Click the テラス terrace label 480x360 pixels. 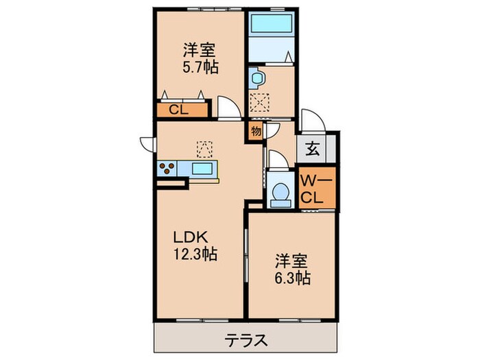pyautogui.click(x=246, y=339)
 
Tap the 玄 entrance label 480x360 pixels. pyautogui.click(x=312, y=147)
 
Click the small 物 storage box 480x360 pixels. pyautogui.click(x=255, y=130)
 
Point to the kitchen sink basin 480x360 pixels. pyautogui.click(x=202, y=168)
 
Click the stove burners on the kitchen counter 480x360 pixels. pyautogui.click(x=167, y=167)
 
